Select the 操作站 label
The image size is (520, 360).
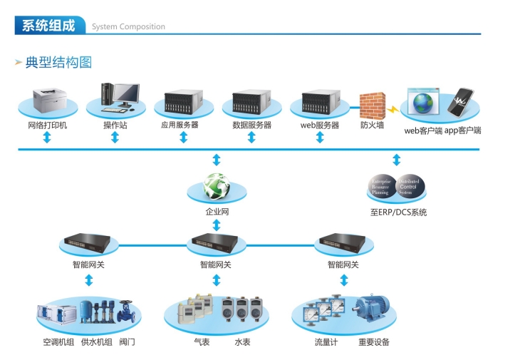[x=115, y=125]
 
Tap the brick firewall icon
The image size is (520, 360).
[x=372, y=105]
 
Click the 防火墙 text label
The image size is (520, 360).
[x=372, y=125]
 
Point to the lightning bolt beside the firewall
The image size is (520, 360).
[x=392, y=110]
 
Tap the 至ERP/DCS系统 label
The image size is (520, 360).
[x=398, y=212]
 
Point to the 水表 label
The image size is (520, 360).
[x=242, y=342]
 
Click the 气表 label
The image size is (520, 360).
[x=202, y=342]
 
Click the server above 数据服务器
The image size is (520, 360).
[x=251, y=104]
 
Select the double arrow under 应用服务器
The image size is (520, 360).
[x=183, y=137]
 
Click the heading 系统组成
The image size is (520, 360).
[x=48, y=26]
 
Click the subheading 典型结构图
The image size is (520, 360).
[x=58, y=63]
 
